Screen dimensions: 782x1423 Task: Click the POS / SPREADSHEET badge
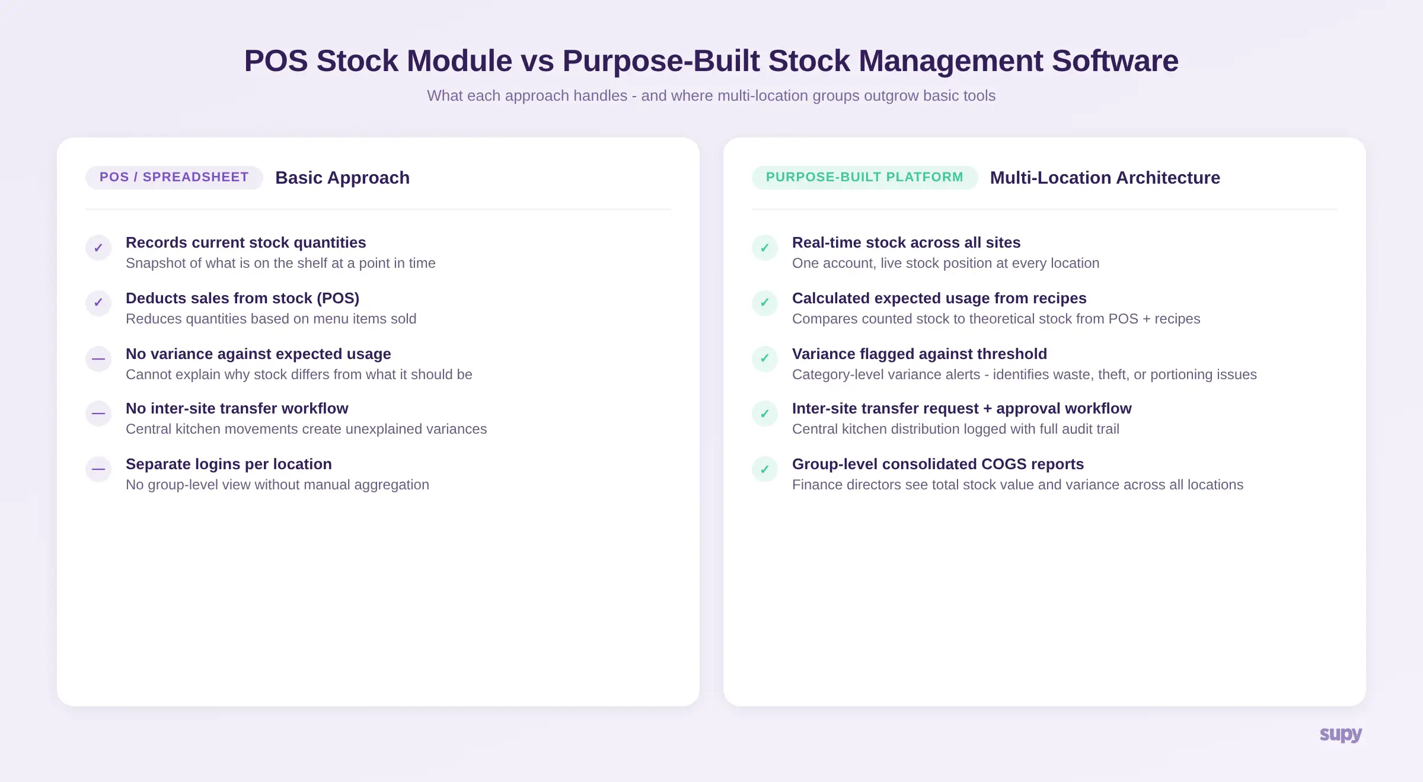click(174, 177)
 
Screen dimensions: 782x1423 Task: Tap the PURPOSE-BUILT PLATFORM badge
click(864, 177)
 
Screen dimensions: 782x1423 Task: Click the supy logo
click(1340, 734)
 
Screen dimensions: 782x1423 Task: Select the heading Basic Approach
click(342, 178)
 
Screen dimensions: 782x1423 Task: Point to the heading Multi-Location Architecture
click(1105, 178)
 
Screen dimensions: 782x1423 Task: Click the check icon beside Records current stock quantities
click(98, 248)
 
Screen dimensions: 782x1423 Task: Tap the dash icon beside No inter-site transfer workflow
click(98, 414)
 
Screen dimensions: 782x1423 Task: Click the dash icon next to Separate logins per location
click(98, 469)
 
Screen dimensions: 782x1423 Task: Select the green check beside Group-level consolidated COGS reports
click(765, 469)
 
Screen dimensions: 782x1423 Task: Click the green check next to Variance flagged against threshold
click(765, 358)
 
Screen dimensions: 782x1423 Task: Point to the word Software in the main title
click(1115, 61)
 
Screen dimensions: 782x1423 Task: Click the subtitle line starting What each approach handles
click(711, 95)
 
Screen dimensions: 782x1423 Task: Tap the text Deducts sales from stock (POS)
click(242, 298)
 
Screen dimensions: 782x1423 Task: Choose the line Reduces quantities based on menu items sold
click(271, 319)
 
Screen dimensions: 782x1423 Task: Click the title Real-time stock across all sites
click(906, 242)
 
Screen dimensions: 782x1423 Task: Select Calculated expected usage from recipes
click(939, 298)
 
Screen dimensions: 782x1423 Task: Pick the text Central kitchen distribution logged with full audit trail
click(955, 429)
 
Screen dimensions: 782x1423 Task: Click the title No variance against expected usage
click(258, 354)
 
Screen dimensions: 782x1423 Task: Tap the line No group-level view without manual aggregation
click(277, 485)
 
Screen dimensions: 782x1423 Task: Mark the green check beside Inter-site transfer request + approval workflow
click(765, 414)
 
